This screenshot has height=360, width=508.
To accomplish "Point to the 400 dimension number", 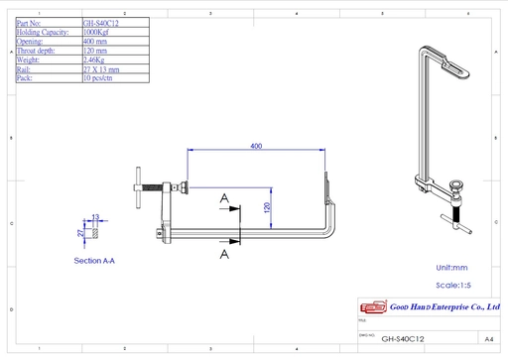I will pos(256,146).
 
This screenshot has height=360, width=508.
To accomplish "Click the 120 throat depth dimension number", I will pos(266,207).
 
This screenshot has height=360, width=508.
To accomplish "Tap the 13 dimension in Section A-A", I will pos(96,216).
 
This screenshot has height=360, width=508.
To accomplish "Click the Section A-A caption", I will pos(95,261).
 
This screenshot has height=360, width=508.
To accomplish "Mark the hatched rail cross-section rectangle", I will pos(96,232).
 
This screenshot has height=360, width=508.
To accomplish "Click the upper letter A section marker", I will pos(225,199).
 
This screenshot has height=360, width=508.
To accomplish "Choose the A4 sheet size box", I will pos(488,337).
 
